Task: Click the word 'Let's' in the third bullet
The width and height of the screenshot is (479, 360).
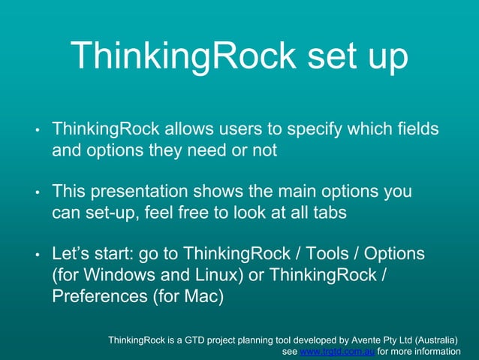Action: [74, 253]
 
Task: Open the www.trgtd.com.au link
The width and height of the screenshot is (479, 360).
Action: [336, 351]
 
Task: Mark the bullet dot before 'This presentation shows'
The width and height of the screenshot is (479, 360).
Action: [37, 193]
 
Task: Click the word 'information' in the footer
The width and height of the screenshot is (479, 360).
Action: [431, 351]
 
